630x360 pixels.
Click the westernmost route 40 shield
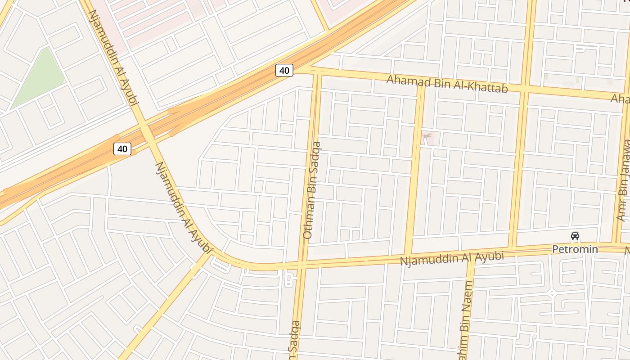click(122, 148)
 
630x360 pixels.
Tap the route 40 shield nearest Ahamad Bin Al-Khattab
click(284, 70)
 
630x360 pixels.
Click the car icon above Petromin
click(575, 236)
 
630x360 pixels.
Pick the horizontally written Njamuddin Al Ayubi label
click(451, 258)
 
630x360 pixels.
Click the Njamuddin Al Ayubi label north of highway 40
click(112, 58)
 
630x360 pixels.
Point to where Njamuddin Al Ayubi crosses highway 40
click(146, 133)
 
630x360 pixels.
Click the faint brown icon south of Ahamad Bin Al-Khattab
click(426, 136)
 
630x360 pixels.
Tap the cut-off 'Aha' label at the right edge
click(621, 99)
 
